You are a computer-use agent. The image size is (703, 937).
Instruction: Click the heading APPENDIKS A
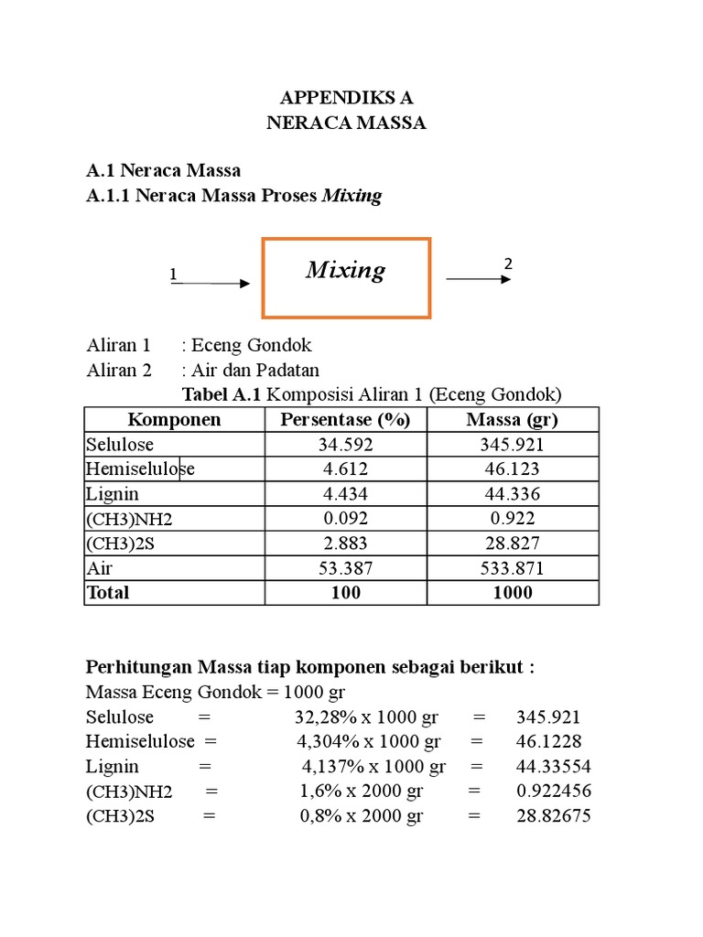tap(346, 99)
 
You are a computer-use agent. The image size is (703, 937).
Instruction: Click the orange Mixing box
tap(346, 277)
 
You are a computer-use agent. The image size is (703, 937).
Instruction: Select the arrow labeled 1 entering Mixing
tap(211, 284)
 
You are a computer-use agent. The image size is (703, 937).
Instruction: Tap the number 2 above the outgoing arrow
tap(507, 264)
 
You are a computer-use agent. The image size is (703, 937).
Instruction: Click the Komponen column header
tap(174, 420)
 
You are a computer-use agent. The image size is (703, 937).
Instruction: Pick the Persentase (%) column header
tap(345, 420)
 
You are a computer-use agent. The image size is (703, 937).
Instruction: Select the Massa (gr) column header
tap(512, 420)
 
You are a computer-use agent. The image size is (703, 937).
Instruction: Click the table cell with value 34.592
tap(345, 445)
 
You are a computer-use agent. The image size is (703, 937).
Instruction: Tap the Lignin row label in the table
tap(113, 494)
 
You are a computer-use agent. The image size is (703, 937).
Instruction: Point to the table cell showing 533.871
tap(512, 568)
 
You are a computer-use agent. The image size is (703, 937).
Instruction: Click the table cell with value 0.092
tap(345, 519)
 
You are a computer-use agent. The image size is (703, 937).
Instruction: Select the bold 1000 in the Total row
tap(512, 593)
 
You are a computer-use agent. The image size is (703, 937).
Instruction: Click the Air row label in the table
tap(100, 568)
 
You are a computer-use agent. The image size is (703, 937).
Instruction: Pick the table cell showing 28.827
tap(512, 544)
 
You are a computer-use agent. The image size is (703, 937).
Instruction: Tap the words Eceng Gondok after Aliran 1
tap(252, 346)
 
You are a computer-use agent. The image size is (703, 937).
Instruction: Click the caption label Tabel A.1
tap(222, 395)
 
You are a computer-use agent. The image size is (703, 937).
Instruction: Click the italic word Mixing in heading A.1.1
tap(351, 196)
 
